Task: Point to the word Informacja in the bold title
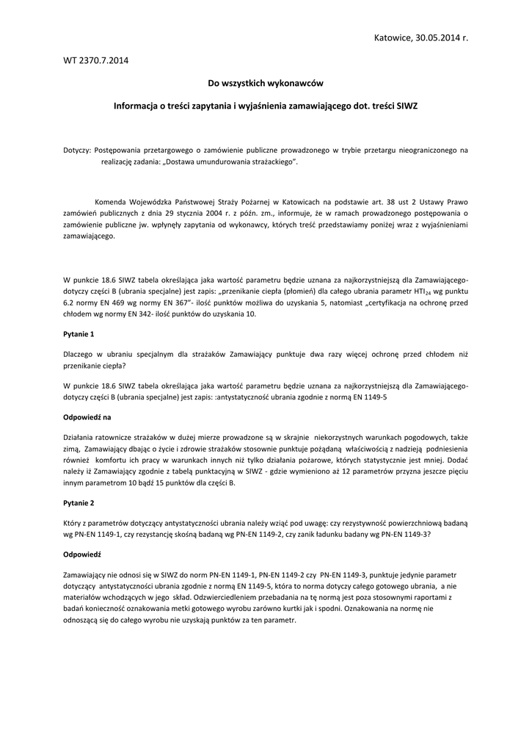137,106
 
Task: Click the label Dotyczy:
77,150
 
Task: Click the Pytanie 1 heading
79,334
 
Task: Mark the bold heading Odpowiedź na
87,417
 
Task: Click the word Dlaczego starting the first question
81,354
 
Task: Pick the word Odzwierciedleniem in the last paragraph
242,598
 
